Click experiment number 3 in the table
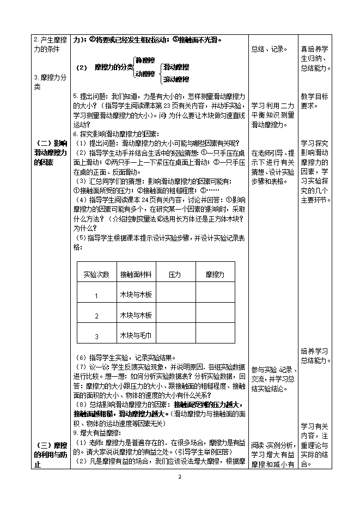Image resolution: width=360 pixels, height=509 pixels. click(96, 336)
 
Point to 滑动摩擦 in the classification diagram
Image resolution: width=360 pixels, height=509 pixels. click(176, 67)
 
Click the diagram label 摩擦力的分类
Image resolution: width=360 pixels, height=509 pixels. click(113, 68)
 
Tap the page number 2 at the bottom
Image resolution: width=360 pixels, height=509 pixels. click(180, 477)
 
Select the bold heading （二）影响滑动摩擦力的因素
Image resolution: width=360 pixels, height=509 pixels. click(50, 153)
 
